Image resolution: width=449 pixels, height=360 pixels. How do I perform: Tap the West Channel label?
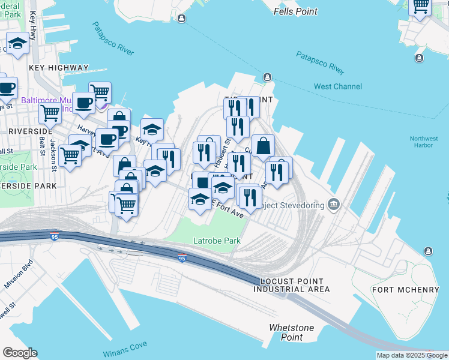[338, 86]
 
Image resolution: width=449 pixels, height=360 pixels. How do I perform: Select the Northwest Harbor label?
[424, 142]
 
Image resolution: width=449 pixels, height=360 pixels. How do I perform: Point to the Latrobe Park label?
[217, 241]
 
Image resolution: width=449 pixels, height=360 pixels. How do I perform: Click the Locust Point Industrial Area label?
[291, 285]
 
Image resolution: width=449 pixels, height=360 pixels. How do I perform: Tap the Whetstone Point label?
[291, 332]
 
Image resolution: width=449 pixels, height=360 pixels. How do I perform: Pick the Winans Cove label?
[125, 345]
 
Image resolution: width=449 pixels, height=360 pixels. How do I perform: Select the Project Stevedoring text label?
[291, 205]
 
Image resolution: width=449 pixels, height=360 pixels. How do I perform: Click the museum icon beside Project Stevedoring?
[334, 205]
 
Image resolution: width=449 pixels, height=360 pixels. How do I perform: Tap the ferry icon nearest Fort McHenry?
[429, 251]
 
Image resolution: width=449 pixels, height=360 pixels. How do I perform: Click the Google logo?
[20, 353]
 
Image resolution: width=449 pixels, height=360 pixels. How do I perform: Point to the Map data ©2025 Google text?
[412, 355]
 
